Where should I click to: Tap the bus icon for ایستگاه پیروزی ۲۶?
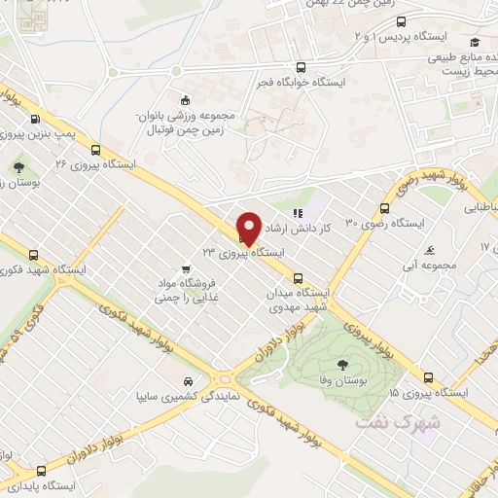(95, 150)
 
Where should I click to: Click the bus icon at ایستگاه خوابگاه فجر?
(302, 68)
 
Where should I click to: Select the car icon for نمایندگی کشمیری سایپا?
(186, 381)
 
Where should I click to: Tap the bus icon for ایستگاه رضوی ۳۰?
(385, 208)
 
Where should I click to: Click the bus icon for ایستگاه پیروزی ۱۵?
(428, 377)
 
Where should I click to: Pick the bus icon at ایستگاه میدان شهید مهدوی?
(298, 275)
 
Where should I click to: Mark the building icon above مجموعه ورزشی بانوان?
(185, 98)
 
